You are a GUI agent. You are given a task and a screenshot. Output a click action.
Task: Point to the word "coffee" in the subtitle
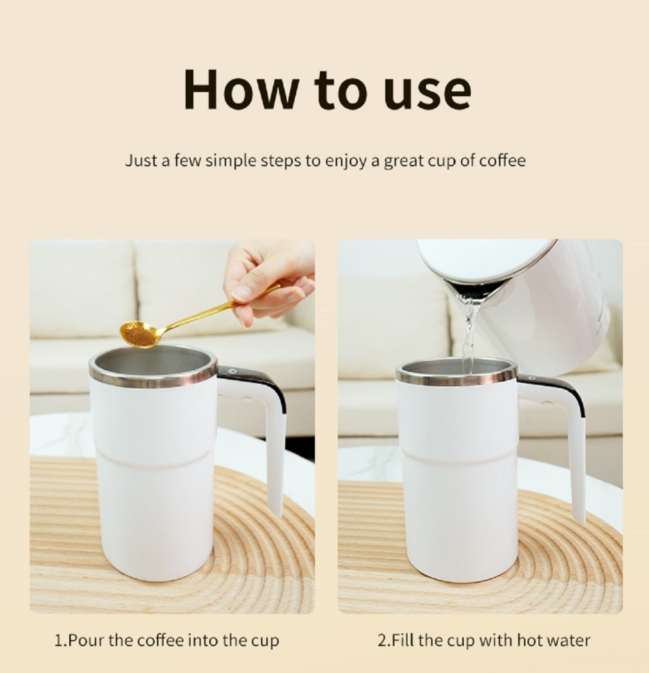502,160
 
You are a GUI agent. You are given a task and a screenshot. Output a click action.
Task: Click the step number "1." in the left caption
61,641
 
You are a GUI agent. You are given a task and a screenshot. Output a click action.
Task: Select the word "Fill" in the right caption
402,641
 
